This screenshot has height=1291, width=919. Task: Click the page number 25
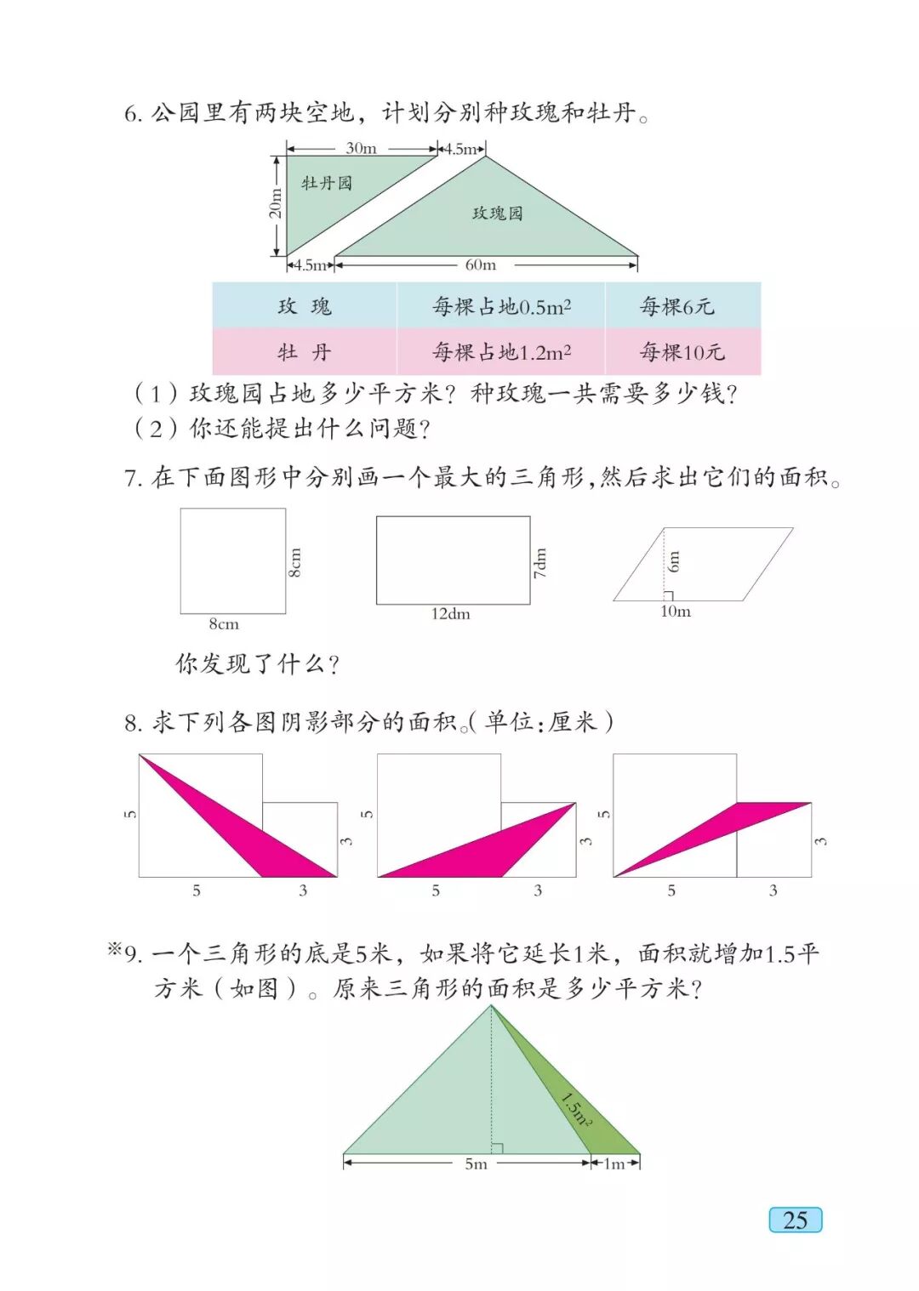(795, 1220)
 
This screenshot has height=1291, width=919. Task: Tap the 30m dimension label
(361, 148)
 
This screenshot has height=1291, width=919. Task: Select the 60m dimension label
(481, 265)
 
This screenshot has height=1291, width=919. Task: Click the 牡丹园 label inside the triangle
(326, 183)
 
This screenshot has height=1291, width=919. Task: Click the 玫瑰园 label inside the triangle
(498, 213)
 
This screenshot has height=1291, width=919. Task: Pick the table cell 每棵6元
(677, 306)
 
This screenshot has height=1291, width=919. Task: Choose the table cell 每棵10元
(682, 352)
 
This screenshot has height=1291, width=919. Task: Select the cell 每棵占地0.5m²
(501, 306)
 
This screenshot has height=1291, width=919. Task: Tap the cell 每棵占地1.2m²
(501, 352)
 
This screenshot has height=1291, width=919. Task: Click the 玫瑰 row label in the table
(305, 306)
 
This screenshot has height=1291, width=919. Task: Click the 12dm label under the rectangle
(450, 614)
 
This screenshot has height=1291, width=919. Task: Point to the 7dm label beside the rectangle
(540, 562)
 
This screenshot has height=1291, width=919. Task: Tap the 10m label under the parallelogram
(676, 611)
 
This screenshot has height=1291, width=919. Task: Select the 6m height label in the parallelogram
(674, 560)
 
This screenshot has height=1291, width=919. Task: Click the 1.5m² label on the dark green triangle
(576, 1109)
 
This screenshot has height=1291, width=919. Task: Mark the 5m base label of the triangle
(476, 1163)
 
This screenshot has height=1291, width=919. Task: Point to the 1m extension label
(614, 1163)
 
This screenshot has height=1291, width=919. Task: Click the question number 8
(133, 724)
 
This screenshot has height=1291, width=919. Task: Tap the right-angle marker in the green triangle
(497, 1148)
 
